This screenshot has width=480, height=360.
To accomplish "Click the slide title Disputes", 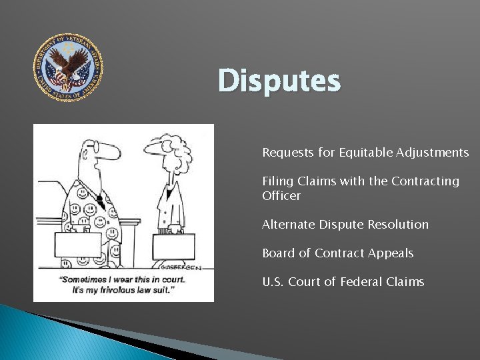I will point(279,81).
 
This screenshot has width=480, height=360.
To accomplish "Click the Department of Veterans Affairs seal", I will point(69,67).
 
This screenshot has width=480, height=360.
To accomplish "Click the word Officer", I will point(281,196).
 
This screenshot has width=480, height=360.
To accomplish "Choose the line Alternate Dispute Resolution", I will point(345,225).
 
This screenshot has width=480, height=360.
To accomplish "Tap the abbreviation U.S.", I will point(273,282).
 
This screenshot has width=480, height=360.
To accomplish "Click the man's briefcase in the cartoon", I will point(78,245).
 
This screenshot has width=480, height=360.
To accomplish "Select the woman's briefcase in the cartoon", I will point(173,246).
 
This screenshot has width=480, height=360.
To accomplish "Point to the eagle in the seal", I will point(69,67).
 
